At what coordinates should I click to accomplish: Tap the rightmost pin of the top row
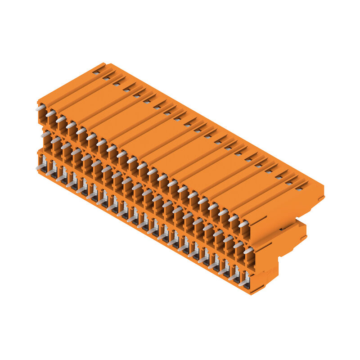pos(243,224)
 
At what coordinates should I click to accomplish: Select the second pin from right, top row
pos(233,218)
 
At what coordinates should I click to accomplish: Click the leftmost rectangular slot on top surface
pos(96,72)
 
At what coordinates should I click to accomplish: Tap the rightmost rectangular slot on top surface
pos(298,189)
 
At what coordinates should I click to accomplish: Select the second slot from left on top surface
pos(106,77)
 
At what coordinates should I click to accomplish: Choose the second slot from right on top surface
pos(288,183)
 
